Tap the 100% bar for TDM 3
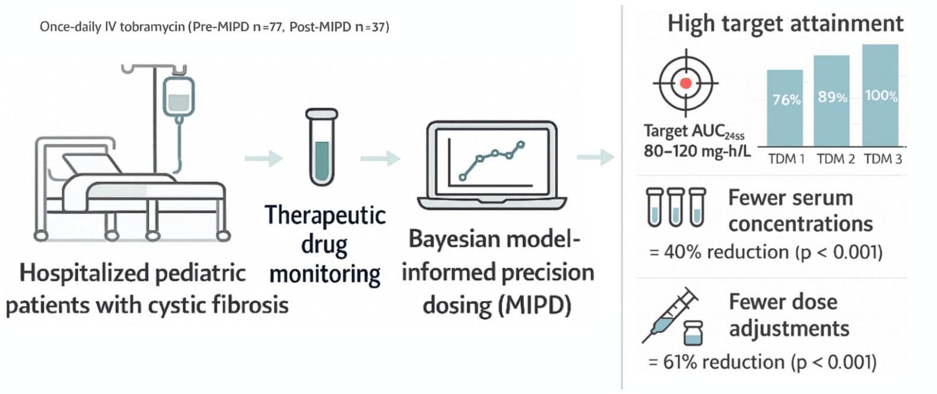[880, 96]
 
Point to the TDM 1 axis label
[786, 159]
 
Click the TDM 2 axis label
[835, 159]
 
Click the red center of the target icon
[686, 84]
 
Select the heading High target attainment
[784, 24]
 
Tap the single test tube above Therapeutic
[322, 147]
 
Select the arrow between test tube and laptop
[380, 158]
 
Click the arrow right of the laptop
[595, 157]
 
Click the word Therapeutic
[325, 215]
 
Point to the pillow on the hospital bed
[89, 164]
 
